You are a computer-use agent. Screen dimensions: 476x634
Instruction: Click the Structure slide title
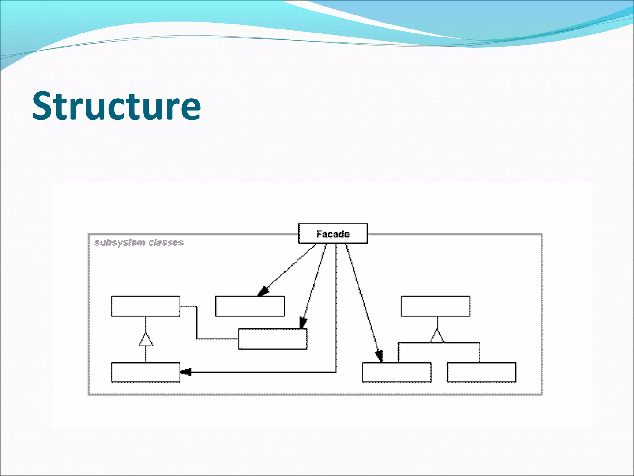pyautogui.click(x=117, y=106)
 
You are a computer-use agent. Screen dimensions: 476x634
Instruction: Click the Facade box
pyautogui.click(x=333, y=234)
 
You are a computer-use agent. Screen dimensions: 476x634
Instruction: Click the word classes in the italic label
pyautogui.click(x=166, y=243)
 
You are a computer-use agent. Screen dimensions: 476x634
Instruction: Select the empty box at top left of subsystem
pyautogui.click(x=145, y=306)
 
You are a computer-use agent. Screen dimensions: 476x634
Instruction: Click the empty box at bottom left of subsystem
pyautogui.click(x=145, y=372)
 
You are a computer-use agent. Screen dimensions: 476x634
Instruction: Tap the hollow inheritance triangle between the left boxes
pyautogui.click(x=145, y=340)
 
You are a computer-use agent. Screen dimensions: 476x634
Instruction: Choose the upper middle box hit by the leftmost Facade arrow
pyautogui.click(x=250, y=306)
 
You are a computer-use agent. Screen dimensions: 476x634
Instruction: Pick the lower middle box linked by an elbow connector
pyautogui.click(x=272, y=339)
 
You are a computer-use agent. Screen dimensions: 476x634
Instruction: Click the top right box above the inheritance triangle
pyautogui.click(x=436, y=306)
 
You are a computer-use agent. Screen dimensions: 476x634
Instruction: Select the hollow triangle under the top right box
pyautogui.click(x=437, y=337)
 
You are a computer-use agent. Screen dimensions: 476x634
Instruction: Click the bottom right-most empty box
pyautogui.click(x=481, y=372)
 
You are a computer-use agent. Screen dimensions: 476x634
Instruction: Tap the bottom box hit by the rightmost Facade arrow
pyautogui.click(x=396, y=372)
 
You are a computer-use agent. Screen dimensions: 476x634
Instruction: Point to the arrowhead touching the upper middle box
pyautogui.click(x=263, y=291)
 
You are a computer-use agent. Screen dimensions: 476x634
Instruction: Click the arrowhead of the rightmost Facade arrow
pyautogui.click(x=379, y=356)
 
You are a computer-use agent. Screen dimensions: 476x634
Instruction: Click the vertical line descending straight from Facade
pyautogui.click(x=336, y=310)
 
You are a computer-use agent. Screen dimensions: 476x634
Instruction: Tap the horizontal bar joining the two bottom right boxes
pyautogui.click(x=439, y=343)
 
